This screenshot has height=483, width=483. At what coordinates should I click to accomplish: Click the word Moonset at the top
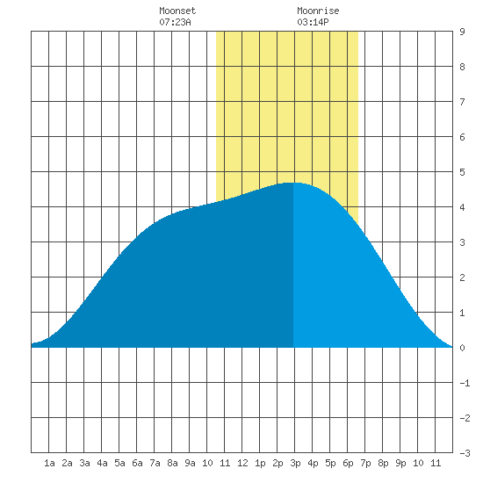pyautogui.click(x=177, y=11)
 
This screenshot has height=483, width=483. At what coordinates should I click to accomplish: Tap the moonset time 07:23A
pyautogui.click(x=175, y=22)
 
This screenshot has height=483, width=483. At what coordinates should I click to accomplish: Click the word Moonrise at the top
pyautogui.click(x=318, y=11)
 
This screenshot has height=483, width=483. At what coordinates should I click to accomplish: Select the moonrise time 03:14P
pyautogui.click(x=313, y=22)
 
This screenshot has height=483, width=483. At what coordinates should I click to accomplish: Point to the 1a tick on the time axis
pyautogui.click(x=49, y=463)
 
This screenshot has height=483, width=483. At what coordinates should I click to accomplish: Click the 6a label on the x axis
pyautogui.click(x=137, y=463)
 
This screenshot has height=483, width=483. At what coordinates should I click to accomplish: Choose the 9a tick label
pyautogui.click(x=190, y=463)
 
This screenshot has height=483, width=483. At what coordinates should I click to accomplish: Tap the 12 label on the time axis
pyautogui.click(x=242, y=463)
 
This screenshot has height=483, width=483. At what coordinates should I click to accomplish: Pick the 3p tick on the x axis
pyautogui.click(x=295, y=463)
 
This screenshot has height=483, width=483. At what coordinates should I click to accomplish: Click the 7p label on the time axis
pyautogui.click(x=365, y=463)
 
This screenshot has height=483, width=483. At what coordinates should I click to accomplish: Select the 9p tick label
pyautogui.click(x=400, y=463)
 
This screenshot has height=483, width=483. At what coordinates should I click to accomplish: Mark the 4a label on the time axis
pyautogui.click(x=102, y=463)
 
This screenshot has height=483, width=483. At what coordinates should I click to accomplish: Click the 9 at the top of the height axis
pyautogui.click(x=462, y=32)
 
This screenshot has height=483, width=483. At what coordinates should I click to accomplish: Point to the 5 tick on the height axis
pyautogui.click(x=462, y=172)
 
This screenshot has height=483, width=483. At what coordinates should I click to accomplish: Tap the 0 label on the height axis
pyautogui.click(x=462, y=348)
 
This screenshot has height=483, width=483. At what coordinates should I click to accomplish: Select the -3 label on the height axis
pyautogui.click(x=465, y=453)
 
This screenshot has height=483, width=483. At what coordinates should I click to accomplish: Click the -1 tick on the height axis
pyautogui.click(x=465, y=383)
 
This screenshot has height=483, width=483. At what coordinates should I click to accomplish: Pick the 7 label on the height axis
pyautogui.click(x=462, y=102)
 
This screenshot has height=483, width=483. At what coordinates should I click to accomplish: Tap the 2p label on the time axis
pyautogui.click(x=278, y=463)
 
